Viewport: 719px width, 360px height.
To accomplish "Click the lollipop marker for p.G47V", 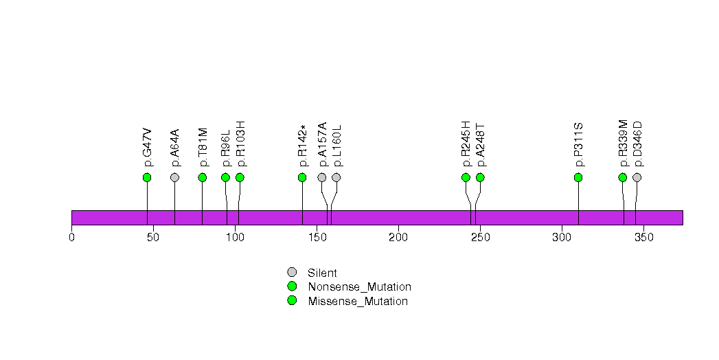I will (x=147, y=177).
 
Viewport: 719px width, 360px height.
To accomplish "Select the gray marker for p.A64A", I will (x=174, y=177).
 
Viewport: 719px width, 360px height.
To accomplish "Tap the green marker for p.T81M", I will (x=203, y=177).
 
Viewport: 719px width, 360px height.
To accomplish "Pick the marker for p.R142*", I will (x=302, y=177).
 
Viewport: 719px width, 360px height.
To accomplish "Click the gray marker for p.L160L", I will (x=336, y=177).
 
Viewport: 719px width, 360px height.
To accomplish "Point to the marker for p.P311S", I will (x=578, y=177).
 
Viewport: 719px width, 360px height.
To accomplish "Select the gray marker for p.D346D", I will (x=637, y=177).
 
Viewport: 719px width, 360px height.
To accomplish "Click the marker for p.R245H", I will (x=466, y=177).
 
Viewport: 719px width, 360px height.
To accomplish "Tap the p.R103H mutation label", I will (x=240, y=144).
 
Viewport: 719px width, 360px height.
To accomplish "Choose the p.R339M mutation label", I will (x=623, y=144).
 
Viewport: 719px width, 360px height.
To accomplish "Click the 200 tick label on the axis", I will (x=398, y=238).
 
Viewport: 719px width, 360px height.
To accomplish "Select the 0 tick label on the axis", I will (x=71, y=238).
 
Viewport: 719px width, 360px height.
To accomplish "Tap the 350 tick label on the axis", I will (x=643, y=238).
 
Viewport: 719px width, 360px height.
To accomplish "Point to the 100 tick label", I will (x=235, y=238).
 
